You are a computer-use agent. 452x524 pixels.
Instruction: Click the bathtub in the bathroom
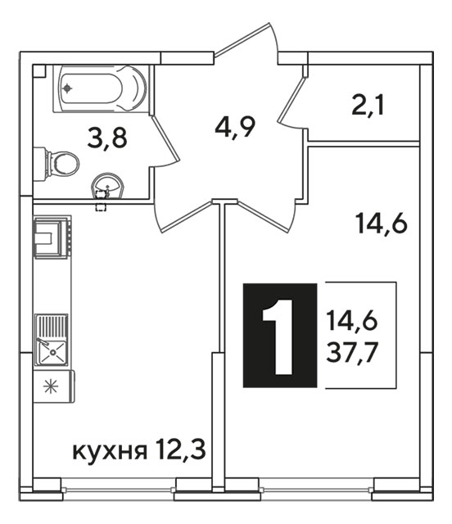pyautogui.click(x=100, y=88)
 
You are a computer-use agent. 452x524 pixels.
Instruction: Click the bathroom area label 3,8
pyautogui.click(x=107, y=138)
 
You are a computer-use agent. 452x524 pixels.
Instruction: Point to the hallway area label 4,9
pyautogui.click(x=235, y=127)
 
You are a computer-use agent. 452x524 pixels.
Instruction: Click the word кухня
pyautogui.click(x=110, y=452)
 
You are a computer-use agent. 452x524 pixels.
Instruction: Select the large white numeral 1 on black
pyautogui.click(x=280, y=336)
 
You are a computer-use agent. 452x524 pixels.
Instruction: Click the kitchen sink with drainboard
pyautogui.click(x=52, y=340)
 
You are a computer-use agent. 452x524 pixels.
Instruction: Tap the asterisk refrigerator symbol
pyautogui.click(x=51, y=387)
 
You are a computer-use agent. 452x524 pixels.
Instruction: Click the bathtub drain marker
pyautogui.click(x=68, y=88)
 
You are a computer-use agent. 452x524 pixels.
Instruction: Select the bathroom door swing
pyautogui.click(x=164, y=141)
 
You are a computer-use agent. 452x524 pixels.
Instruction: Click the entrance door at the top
pyautogui.click(x=246, y=43)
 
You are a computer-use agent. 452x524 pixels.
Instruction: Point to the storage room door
pyautogui.click(x=292, y=101)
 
